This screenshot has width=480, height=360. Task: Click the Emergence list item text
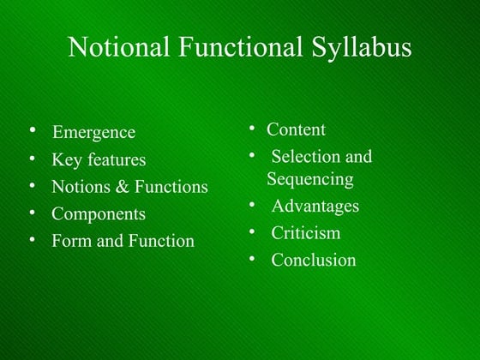[x=93, y=132]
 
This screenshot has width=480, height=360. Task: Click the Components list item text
[x=99, y=214]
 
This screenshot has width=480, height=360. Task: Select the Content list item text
[x=296, y=129]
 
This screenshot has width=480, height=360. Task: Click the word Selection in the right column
[x=305, y=157]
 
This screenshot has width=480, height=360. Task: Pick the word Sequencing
[x=310, y=179]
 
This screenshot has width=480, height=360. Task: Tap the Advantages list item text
[x=315, y=206]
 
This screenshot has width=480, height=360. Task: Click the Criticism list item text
[x=305, y=232]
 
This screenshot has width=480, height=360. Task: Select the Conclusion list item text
[x=313, y=260]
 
